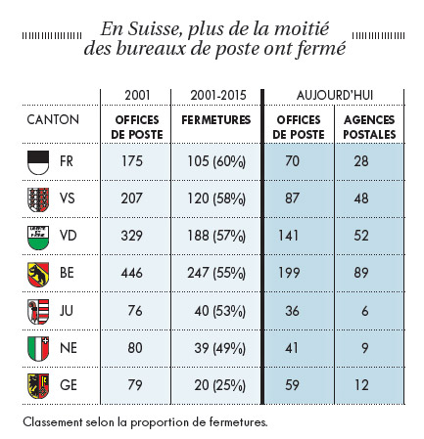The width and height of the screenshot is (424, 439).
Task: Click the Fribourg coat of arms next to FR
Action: pyautogui.click(x=38, y=162)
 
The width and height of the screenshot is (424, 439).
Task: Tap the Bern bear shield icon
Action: pyautogui.click(x=38, y=275)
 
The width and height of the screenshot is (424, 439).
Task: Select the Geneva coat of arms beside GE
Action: pyautogui.click(x=38, y=386)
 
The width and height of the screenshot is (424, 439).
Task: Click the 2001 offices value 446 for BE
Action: pyautogui.click(x=131, y=273)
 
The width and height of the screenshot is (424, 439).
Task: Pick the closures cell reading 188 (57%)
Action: pyautogui.click(x=216, y=236)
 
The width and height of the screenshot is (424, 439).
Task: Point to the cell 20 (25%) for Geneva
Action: pyautogui.click(x=219, y=385)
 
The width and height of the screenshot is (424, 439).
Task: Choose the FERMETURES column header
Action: pyautogui.click(x=216, y=120)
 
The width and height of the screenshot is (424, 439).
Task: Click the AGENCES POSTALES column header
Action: pyautogui.click(x=369, y=127)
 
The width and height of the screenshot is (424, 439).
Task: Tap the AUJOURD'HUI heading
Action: pyautogui.click(x=335, y=95)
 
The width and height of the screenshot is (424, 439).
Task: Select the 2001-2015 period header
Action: pyautogui.click(x=218, y=95)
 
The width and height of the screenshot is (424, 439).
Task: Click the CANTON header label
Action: pyautogui.click(x=53, y=119)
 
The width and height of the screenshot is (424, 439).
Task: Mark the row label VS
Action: pyautogui.click(x=68, y=198)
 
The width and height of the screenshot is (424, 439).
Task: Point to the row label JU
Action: pyautogui.click(x=67, y=311)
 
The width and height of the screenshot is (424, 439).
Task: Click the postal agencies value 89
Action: pyautogui.click(x=361, y=273)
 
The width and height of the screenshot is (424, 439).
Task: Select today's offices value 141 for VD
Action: pyautogui.click(x=288, y=236)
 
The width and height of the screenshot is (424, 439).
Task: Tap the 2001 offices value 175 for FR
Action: pyautogui.click(x=132, y=161)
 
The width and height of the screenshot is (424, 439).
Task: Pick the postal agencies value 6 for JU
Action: pyautogui.click(x=364, y=311)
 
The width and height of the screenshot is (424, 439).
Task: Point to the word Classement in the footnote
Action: pyautogui.click(x=53, y=422)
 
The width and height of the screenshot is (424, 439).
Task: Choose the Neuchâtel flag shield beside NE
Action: pyautogui.click(x=38, y=349)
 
